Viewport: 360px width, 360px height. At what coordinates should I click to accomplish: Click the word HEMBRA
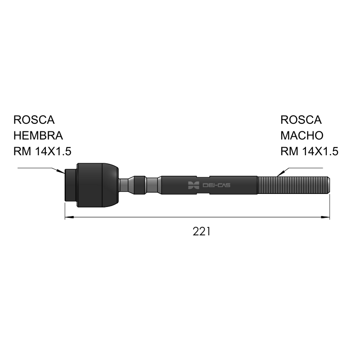coord(38,135)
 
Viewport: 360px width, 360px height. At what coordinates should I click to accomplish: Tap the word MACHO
coord(302,135)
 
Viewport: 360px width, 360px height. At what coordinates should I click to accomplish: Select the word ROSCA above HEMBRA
coord(34,120)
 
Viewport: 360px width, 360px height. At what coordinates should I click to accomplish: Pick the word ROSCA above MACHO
coord(301,120)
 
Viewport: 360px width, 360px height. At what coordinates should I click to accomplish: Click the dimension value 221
coord(201,231)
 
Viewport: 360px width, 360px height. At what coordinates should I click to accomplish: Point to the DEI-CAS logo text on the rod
coord(216,185)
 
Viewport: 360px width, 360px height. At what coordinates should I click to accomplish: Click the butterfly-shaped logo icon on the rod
coord(193,185)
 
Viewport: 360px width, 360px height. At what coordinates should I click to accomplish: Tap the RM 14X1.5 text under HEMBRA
coord(42,151)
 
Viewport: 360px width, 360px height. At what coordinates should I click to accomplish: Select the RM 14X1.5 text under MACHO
coord(310,151)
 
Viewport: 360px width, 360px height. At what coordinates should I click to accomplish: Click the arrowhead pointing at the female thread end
coord(61,171)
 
